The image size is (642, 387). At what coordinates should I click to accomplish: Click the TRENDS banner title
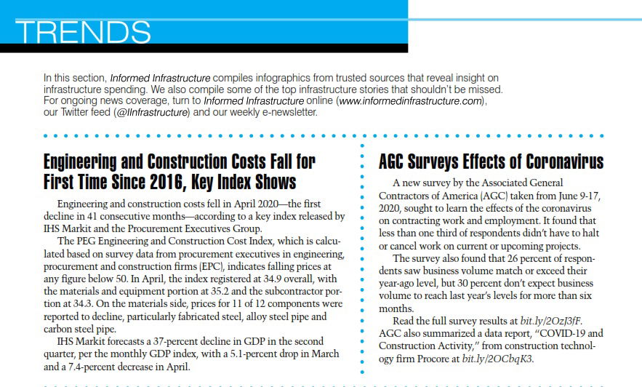pos(82,33)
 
